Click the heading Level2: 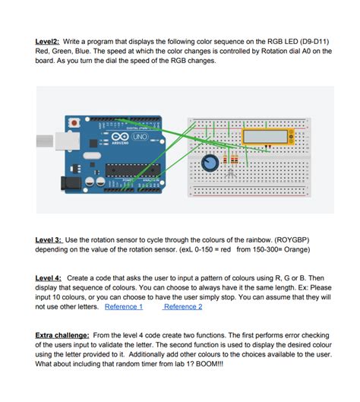point(49,41)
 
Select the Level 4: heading point(51,279)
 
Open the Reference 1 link point(123,306)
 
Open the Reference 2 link point(183,306)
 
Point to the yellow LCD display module point(265,137)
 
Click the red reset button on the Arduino point(74,122)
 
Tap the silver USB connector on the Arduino point(49,139)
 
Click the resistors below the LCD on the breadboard point(232,160)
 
